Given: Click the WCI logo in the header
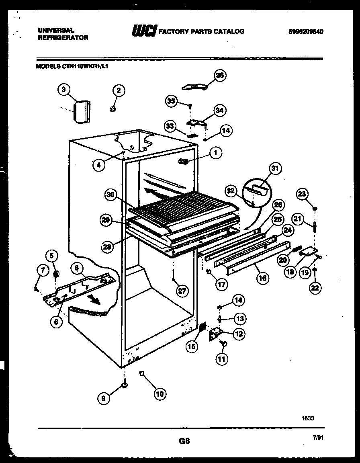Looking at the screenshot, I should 143,31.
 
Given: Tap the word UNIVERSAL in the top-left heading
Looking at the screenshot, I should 55,30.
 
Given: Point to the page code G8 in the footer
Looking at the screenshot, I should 184,441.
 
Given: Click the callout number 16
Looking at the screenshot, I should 262,277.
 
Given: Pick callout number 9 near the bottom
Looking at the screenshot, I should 104,398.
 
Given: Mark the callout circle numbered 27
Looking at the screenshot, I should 182,292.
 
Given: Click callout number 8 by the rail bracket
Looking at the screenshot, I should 77,266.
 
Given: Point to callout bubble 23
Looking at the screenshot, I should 302,195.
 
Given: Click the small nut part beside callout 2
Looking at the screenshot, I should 112,109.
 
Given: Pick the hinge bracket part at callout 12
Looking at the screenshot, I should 216,334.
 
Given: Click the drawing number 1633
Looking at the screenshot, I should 308,418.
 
